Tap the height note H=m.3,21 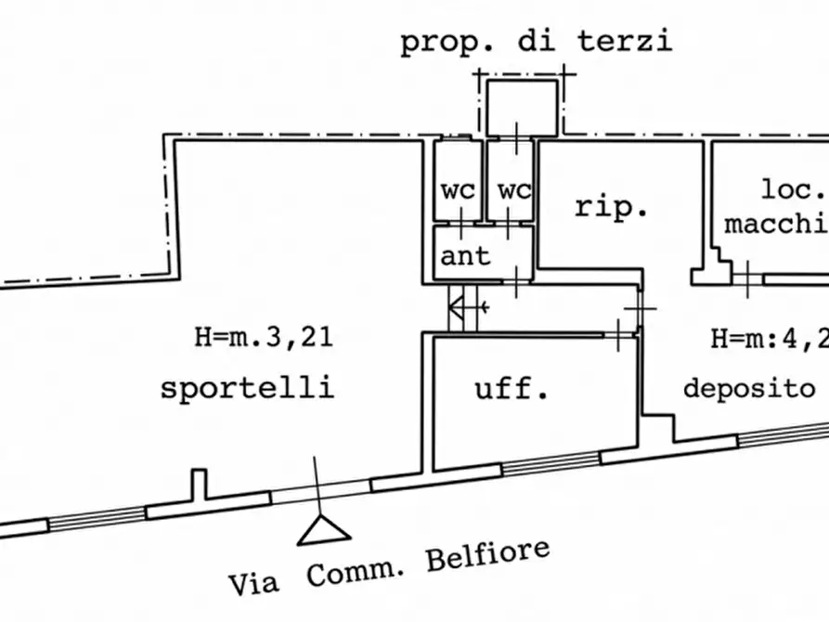click(x=264, y=337)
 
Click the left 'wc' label click(x=458, y=190)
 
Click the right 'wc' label click(x=513, y=190)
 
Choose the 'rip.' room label click(x=610, y=208)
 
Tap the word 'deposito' click(x=748, y=387)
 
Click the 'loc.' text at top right click(x=794, y=190)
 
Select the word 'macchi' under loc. click(x=776, y=224)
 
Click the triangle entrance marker click(x=323, y=530)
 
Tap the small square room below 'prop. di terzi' click(x=523, y=106)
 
